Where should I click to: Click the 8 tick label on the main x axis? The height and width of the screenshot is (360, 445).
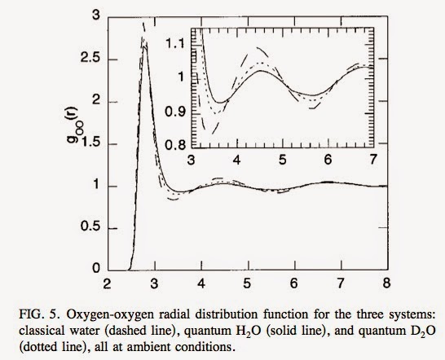pos(387,284)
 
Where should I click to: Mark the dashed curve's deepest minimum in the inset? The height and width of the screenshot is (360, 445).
pos(214,130)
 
